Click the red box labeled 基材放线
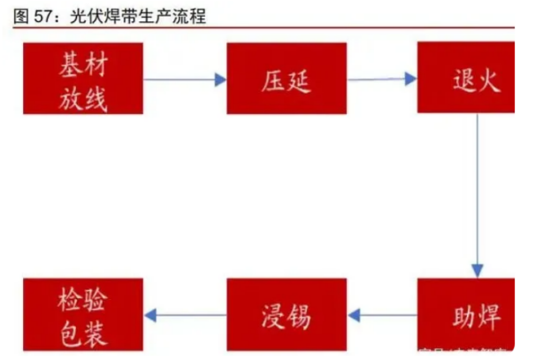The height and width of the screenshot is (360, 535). coord(84,80)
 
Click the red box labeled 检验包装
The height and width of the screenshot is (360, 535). coord(84,314)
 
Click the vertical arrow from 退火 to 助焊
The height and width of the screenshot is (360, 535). coord(478,195)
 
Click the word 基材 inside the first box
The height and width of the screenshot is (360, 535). coord(84,65)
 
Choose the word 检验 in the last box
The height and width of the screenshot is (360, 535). coord(84,299)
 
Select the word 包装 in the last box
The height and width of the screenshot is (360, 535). coord(84,331)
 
